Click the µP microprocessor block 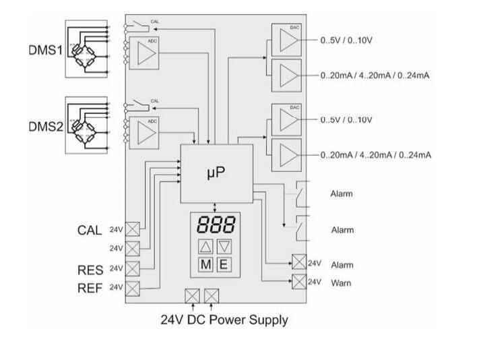coord(216,173)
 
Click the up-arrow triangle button coord(206,246)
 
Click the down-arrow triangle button coord(224,246)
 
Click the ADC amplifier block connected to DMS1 coord(143,54)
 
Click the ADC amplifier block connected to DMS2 coord(143,130)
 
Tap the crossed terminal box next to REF coord(133,289)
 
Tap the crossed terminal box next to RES coord(133,269)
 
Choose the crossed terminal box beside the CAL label coord(133,229)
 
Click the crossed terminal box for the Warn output coord(298,282)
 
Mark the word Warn coord(341,283)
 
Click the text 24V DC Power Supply coord(224,320)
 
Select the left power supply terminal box coord(193,295)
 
